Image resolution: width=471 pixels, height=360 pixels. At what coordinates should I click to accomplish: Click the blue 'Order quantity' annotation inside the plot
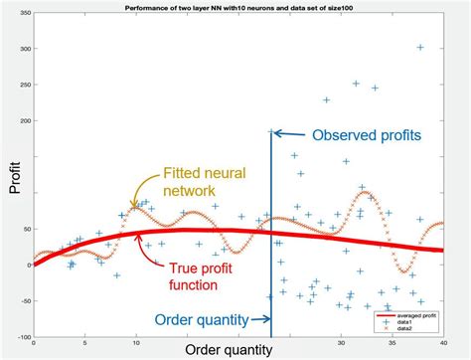click(x=202, y=319)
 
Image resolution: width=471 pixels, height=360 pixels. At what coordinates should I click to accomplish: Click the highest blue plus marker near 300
click(x=420, y=47)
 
